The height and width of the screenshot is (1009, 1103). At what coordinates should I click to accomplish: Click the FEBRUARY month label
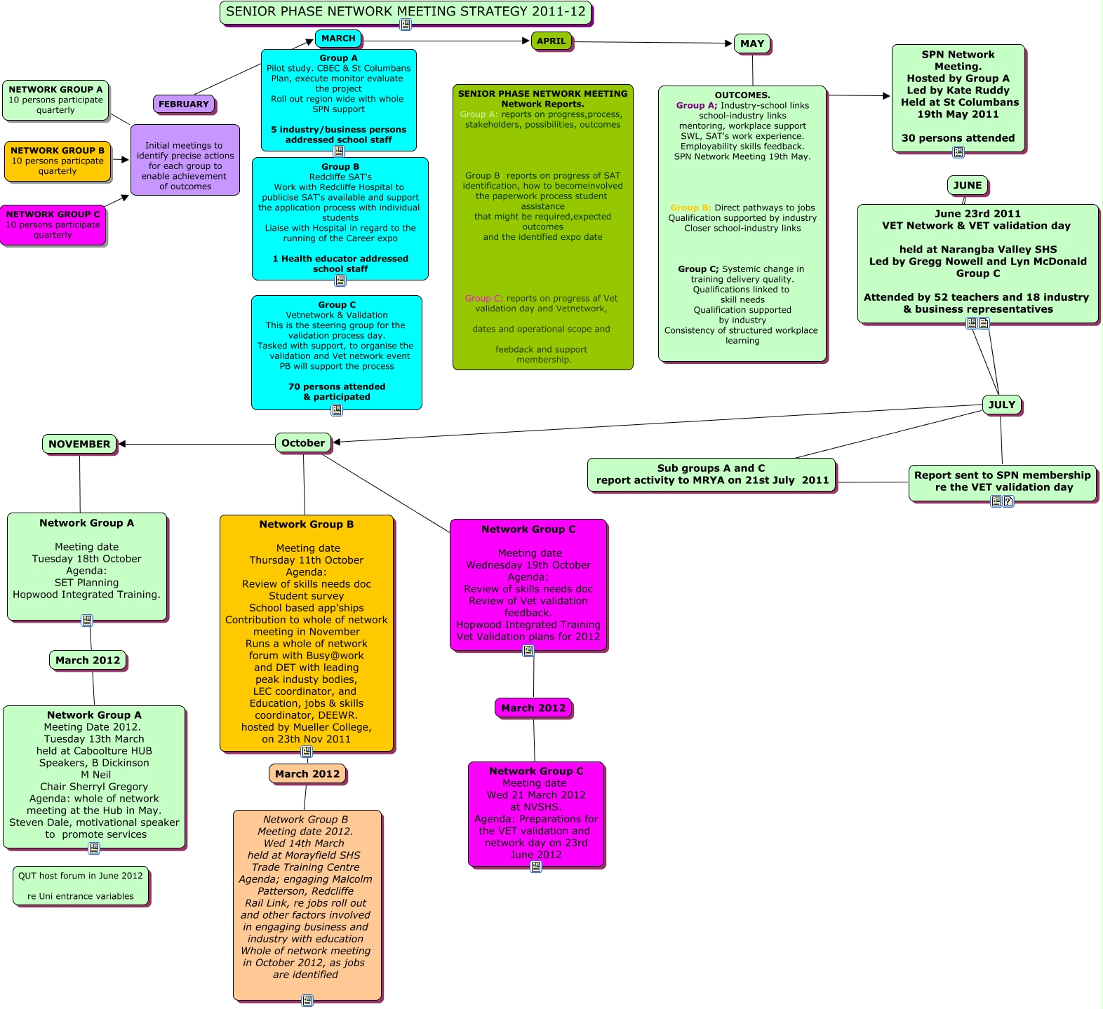pyautogui.click(x=184, y=104)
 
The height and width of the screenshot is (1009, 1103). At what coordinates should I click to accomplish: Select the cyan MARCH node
pyautogui.click(x=338, y=39)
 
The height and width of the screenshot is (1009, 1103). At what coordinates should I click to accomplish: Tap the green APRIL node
pyautogui.click(x=551, y=41)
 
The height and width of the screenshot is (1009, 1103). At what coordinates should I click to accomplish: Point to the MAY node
pyautogui.click(x=751, y=43)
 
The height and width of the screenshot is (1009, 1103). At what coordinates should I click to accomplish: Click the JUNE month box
pyautogui.click(x=967, y=185)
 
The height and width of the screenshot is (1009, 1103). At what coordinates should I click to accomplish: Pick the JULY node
pyautogui.click(x=1001, y=405)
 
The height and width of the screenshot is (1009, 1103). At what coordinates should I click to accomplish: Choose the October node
pyautogui.click(x=302, y=443)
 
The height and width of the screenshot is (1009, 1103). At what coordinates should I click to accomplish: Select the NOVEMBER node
pyautogui.click(x=79, y=444)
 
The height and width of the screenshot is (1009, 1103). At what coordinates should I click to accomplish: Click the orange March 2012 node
pyautogui.click(x=307, y=774)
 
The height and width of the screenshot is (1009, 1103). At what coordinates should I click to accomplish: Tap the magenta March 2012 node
pyautogui.click(x=533, y=708)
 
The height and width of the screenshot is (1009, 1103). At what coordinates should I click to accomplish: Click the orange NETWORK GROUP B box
pyautogui.click(x=58, y=161)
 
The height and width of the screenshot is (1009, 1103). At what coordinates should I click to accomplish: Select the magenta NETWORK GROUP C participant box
pyautogui.click(x=53, y=224)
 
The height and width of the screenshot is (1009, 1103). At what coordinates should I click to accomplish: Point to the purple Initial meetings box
pyautogui.click(x=185, y=160)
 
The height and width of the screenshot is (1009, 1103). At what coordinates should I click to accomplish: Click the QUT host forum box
pyautogui.click(x=81, y=886)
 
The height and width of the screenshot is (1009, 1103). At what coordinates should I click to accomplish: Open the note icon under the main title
pyautogui.click(x=406, y=25)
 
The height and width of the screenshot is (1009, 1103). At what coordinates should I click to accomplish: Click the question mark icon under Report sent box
pyautogui.click(x=1008, y=501)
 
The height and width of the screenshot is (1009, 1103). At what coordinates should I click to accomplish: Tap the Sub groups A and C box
pyautogui.click(x=711, y=475)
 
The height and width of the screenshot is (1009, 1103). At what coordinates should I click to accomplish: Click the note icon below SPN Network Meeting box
pyautogui.click(x=958, y=152)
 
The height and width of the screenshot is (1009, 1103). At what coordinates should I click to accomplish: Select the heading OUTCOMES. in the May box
pyautogui.click(x=742, y=95)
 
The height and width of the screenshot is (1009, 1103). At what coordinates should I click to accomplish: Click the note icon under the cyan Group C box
pyautogui.click(x=337, y=410)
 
